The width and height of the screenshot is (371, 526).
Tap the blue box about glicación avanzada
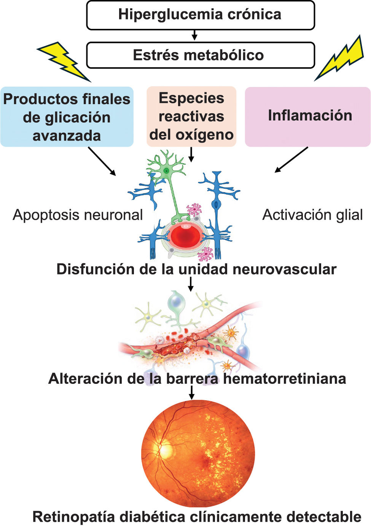point(67,117)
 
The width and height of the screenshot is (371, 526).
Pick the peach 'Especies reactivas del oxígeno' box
point(191,116)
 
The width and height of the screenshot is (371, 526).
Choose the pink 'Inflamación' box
point(308,117)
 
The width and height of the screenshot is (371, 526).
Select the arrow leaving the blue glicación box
point(102,161)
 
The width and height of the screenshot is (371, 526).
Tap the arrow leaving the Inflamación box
point(291,160)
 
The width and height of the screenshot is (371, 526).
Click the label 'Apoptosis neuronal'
point(78,215)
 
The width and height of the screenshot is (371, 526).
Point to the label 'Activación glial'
point(312,215)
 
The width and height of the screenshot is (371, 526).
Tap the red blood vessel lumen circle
point(186,237)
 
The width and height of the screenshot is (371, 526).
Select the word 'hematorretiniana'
point(285,379)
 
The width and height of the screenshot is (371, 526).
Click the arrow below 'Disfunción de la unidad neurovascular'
point(191,284)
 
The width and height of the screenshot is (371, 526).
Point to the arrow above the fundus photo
point(192,392)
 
